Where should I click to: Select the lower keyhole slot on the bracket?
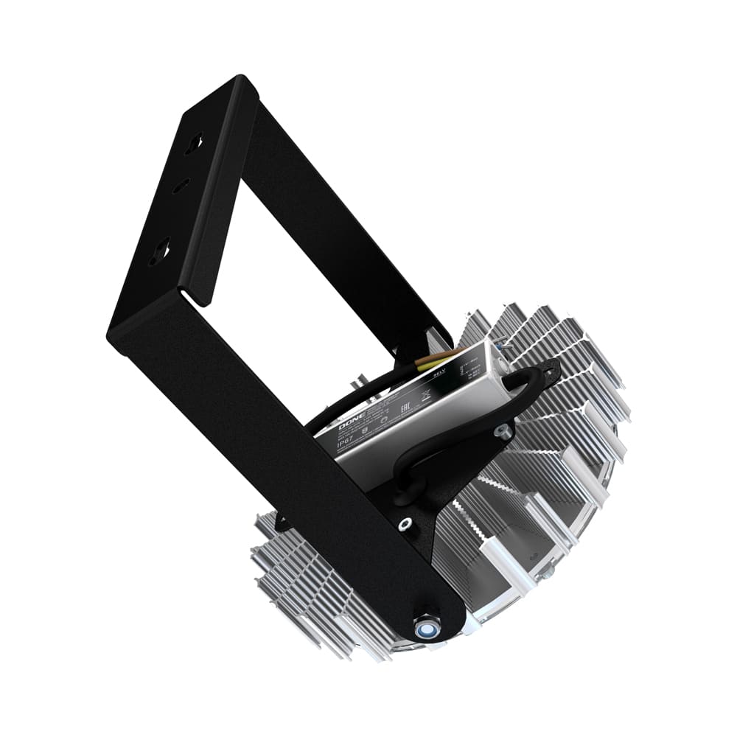[x=159, y=252]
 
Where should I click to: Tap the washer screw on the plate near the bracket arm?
[x=404, y=524]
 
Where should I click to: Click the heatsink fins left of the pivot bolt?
[x=310, y=590]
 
